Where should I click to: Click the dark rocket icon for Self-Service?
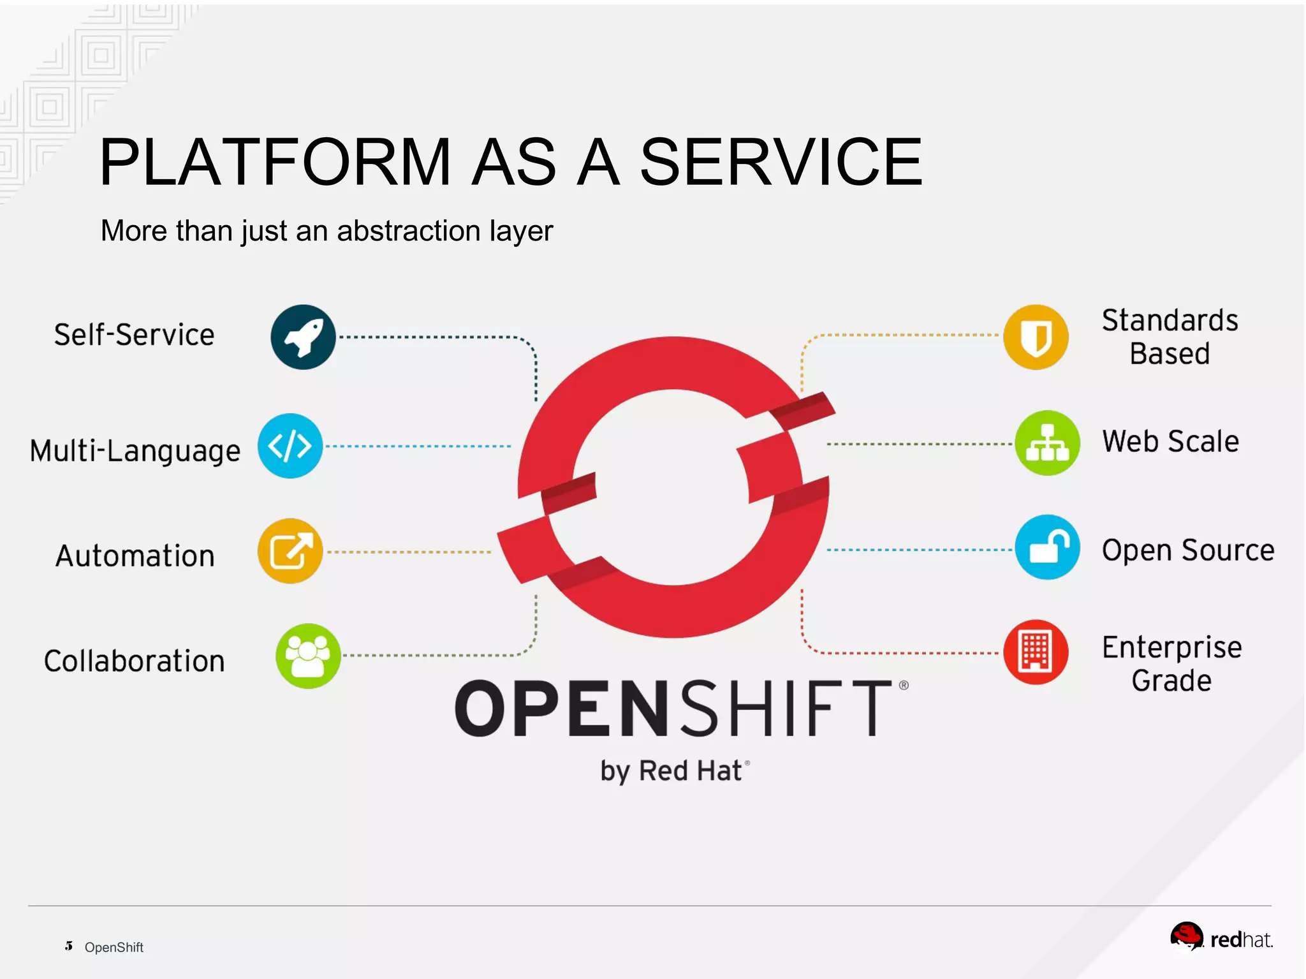(303, 337)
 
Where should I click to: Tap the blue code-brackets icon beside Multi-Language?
(290, 446)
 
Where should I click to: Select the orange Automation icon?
(290, 551)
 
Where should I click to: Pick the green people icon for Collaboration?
(308, 656)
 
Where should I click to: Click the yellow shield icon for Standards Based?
(1036, 337)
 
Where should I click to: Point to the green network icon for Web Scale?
(1047, 443)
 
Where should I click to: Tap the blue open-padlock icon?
(1047, 547)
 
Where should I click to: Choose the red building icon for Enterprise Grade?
(1036, 652)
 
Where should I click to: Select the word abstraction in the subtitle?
(409, 231)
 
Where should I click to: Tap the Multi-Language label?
(135, 451)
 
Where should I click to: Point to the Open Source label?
(1188, 550)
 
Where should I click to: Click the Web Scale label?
(1171, 441)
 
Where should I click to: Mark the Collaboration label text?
(135, 661)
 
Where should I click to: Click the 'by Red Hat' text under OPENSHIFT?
(671, 771)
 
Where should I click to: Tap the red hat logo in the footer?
(1186, 936)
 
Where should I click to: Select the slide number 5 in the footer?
(69, 946)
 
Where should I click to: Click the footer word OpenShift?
(114, 947)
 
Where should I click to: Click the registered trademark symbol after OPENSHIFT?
(904, 686)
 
